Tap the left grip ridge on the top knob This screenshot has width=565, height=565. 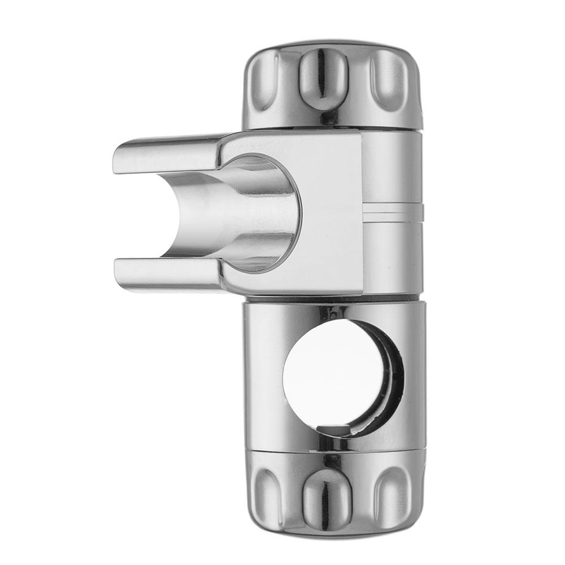tap(261, 79)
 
